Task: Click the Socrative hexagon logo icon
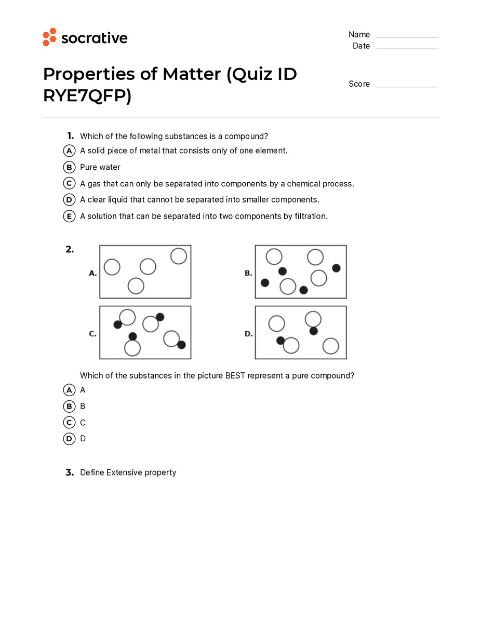49,37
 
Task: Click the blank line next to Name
407,36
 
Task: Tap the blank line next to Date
407,48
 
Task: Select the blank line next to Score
407,86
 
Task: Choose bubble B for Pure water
69,167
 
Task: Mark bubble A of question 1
69,151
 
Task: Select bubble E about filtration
69,216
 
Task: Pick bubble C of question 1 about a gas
69,183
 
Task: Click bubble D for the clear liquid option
69,199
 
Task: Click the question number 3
70,472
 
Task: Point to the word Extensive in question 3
124,472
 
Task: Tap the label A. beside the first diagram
93,273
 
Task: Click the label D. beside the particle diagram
249,334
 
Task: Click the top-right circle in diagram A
178,256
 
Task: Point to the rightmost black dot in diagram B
336,268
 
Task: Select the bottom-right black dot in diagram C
181,345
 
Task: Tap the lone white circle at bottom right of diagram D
330,346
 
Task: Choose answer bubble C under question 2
69,423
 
